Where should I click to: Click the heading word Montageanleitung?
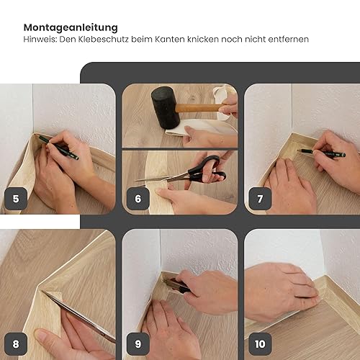pyautogui.click(x=71, y=27)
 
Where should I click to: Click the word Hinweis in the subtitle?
pyautogui.click(x=40, y=39)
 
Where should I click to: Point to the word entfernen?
pyautogui.click(x=288, y=39)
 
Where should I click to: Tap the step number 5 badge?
pyautogui.click(x=16, y=199)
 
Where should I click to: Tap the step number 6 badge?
pyautogui.click(x=138, y=199)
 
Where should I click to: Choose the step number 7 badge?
pyautogui.click(x=260, y=199)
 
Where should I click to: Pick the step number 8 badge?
pyautogui.click(x=16, y=344)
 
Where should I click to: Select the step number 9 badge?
pyautogui.click(x=138, y=344)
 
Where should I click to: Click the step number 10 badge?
pyautogui.click(x=260, y=344)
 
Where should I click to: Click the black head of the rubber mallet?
pyautogui.click(x=166, y=107)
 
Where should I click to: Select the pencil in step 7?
pyautogui.click(x=321, y=153)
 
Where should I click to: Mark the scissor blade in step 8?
pyautogui.click(x=79, y=316)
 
